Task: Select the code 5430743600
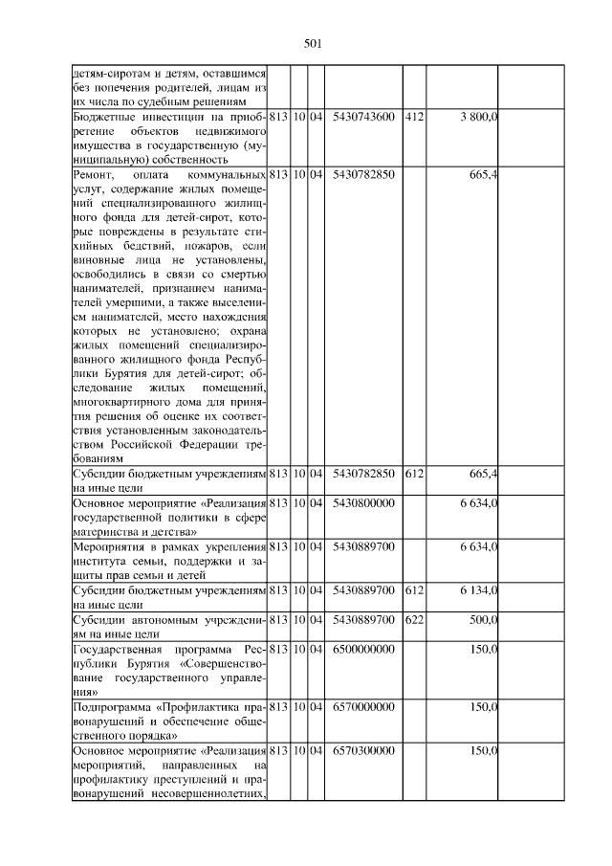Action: (363, 116)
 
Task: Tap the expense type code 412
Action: (414, 116)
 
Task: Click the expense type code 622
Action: (414, 620)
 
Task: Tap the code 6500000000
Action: (363, 650)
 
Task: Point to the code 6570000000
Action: (363, 708)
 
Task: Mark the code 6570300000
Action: (363, 752)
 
